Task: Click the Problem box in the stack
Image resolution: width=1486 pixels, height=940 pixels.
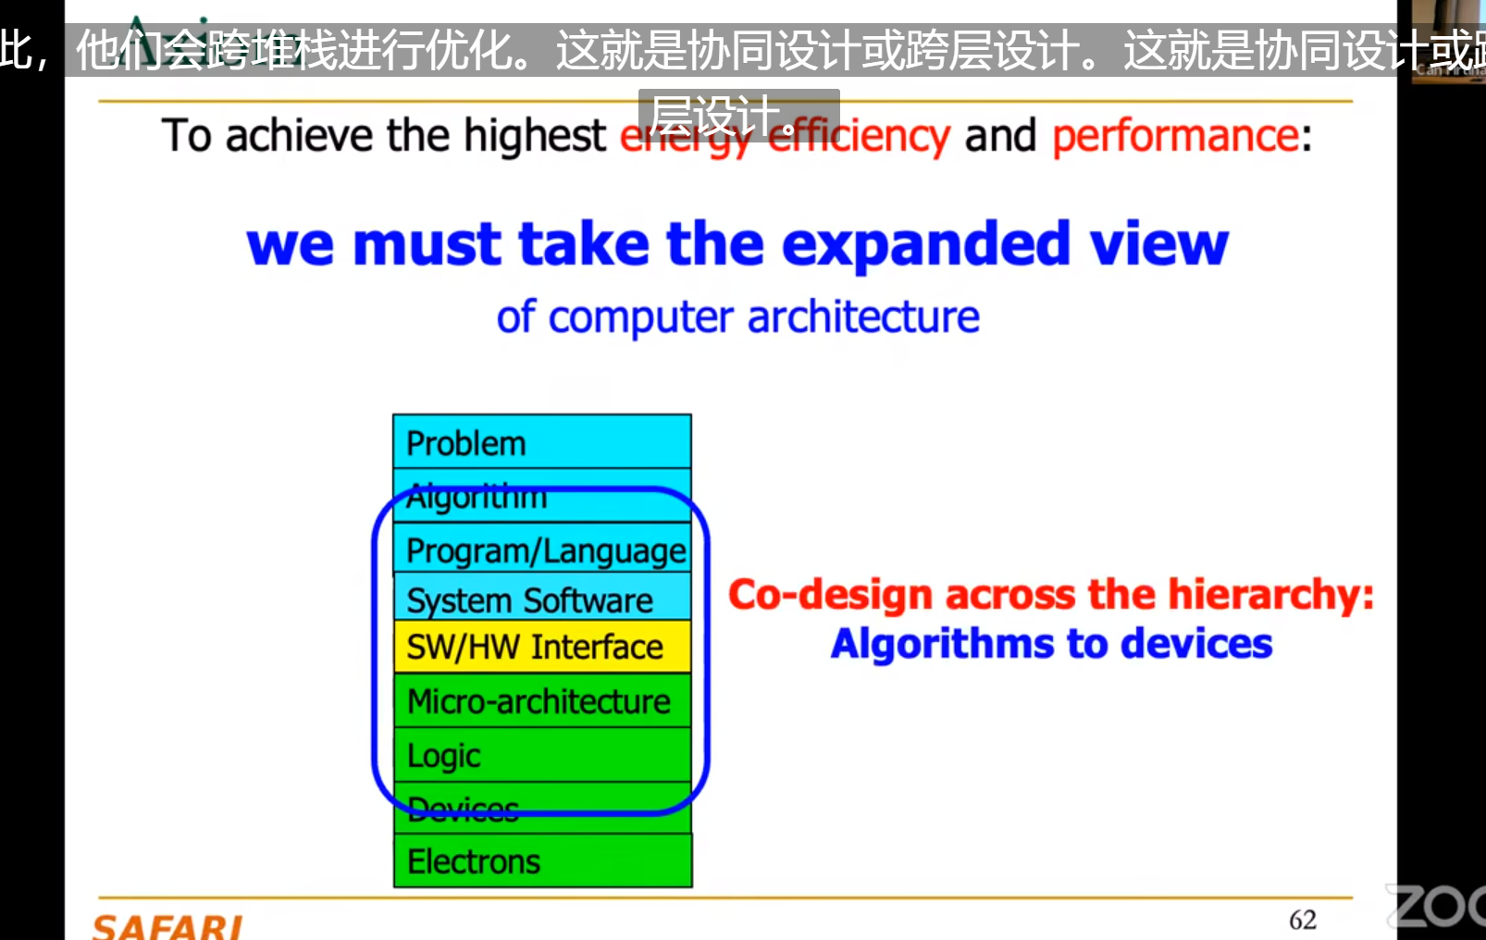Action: click(x=541, y=442)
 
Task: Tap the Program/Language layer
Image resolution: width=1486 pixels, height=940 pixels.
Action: click(x=541, y=550)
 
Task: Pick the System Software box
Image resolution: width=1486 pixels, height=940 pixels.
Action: click(x=541, y=600)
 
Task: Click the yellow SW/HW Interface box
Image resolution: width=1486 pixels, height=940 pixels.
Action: click(x=541, y=646)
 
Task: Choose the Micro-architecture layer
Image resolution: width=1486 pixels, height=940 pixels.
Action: click(x=541, y=700)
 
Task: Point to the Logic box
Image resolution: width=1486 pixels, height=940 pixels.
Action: click(x=541, y=755)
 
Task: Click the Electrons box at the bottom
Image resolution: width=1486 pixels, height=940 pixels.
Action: click(x=541, y=860)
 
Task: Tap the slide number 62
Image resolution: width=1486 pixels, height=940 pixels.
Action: click(x=1302, y=920)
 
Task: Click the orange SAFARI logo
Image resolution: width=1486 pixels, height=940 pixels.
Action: click(x=167, y=926)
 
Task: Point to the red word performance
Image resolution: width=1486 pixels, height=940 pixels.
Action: click(x=1175, y=136)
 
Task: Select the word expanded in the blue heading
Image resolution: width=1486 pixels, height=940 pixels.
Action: click(x=926, y=244)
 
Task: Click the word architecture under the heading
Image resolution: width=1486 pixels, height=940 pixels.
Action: click(x=862, y=317)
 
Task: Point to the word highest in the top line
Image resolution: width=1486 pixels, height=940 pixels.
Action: click(x=535, y=136)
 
